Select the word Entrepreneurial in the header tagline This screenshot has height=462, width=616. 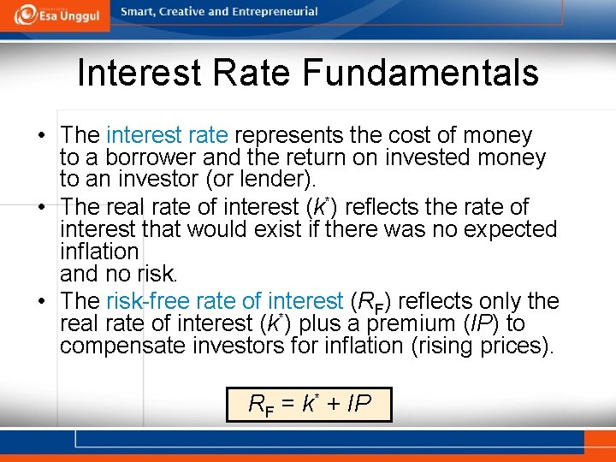pos(273,12)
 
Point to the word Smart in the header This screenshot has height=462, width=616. pos(139,12)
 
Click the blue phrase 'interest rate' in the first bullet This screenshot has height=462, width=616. pos(167,135)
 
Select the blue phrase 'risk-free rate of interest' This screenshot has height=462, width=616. pos(224,301)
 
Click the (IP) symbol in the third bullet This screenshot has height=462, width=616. pos(466,323)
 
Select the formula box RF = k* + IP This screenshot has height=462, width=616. pos(308,404)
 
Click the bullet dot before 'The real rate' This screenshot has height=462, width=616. pos(41,208)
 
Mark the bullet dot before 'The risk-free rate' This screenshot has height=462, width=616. pos(41,302)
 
